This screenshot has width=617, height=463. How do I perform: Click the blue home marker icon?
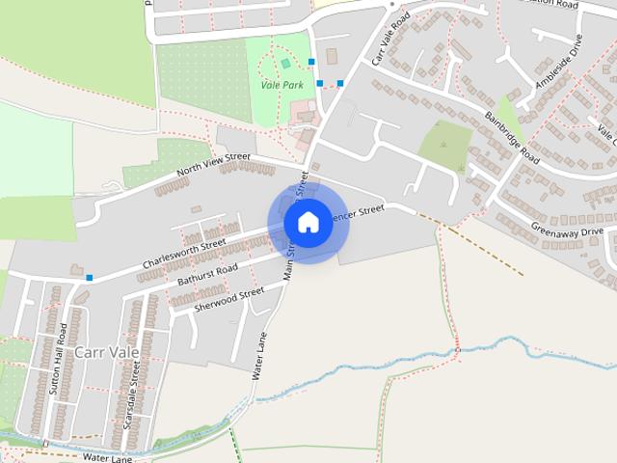[308, 223]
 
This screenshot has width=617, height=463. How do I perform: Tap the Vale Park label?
[282, 85]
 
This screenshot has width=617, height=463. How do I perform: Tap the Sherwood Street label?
[228, 299]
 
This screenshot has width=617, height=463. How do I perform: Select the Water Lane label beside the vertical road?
[259, 355]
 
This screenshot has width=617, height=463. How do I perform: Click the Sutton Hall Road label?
[61, 367]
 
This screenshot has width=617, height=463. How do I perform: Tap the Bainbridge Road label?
[514, 136]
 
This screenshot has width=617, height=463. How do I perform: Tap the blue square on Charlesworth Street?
[90, 278]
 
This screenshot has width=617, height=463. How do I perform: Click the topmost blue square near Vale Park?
[311, 62]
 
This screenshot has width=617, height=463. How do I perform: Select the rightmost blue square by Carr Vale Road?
[340, 83]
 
